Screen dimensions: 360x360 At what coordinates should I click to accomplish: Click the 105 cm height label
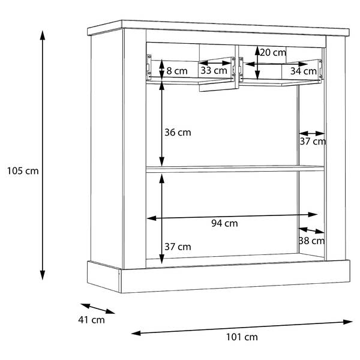tap(23, 171)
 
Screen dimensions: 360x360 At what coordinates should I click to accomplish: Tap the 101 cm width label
tap(242, 337)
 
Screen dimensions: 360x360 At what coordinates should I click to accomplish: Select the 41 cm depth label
tap(91, 320)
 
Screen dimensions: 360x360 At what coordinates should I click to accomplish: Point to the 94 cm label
tap(224, 223)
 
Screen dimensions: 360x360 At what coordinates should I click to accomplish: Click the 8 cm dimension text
tap(177, 71)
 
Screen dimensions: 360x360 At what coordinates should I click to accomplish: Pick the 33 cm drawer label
tap(214, 70)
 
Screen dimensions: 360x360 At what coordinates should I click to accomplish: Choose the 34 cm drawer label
tap(304, 71)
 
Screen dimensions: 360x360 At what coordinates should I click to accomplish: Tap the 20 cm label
tap(273, 53)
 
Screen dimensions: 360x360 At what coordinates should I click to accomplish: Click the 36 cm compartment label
tap(178, 133)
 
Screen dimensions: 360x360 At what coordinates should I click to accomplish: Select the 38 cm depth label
tap(311, 241)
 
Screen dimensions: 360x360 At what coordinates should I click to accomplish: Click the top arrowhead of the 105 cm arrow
tap(43, 35)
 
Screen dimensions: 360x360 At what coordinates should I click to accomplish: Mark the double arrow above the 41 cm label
tap(98, 308)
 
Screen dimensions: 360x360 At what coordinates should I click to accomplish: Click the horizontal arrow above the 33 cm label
tap(215, 62)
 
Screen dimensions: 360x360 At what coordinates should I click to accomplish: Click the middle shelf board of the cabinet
tap(235, 169)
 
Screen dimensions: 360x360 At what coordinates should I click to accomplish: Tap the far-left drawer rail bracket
tap(149, 67)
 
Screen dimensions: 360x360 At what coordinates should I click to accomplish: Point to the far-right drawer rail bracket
tap(320, 69)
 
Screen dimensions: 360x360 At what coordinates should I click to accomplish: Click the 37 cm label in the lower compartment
tap(178, 247)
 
